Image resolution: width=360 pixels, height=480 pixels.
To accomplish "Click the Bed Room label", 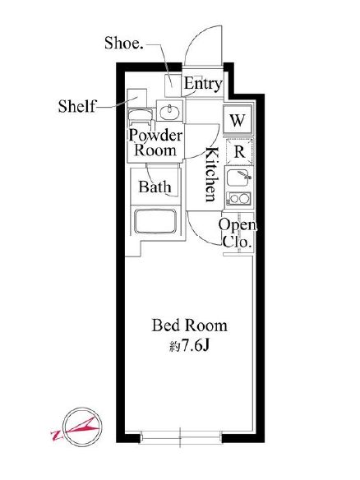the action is (190, 325).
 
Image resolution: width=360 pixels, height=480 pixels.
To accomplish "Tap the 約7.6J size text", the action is (190, 346).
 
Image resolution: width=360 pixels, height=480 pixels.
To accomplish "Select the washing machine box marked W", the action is (238, 120).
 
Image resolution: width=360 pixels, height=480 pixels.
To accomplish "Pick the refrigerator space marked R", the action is (239, 151).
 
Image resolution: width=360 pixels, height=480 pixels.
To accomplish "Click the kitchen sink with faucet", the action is (239, 178).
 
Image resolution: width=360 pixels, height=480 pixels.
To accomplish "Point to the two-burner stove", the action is (238, 198).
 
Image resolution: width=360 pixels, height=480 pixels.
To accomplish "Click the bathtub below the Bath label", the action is (155, 221).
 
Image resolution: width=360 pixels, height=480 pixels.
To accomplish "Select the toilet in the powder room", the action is (141, 118).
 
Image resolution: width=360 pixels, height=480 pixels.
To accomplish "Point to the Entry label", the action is (203, 84).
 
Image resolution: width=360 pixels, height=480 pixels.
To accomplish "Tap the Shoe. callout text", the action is (123, 43).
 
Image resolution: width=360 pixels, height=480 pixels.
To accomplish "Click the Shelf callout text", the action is (76, 106).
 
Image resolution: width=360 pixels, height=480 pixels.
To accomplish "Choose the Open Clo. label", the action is (238, 233).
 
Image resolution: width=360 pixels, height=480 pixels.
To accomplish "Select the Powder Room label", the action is (155, 143).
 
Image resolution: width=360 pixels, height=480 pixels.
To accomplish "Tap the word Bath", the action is (155, 187).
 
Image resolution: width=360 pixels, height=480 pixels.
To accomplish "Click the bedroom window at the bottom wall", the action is (181, 436).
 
